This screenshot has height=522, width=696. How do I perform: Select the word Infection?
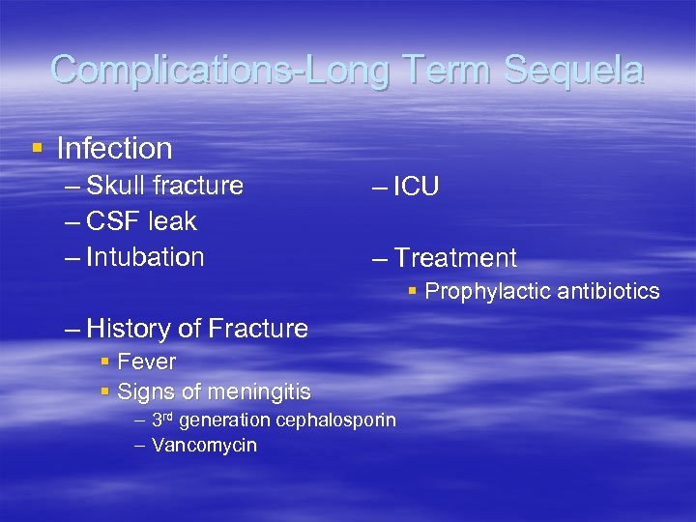(114, 148)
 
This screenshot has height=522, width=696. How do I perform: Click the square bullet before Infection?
(38, 148)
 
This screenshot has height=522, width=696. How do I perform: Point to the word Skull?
(115, 186)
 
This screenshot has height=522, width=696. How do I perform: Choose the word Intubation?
(145, 257)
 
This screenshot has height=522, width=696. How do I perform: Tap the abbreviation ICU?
(417, 187)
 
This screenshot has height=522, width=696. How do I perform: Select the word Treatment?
(455, 258)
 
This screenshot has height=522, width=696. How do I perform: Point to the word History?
(130, 329)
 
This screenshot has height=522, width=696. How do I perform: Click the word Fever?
(146, 362)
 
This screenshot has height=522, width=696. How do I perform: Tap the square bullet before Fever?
(104, 362)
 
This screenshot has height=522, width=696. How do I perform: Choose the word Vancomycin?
(204, 446)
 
